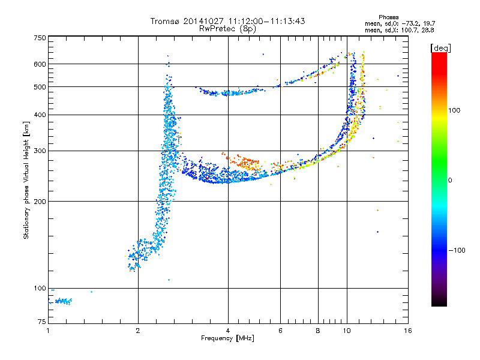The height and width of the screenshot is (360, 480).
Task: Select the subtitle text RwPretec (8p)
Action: (227, 29)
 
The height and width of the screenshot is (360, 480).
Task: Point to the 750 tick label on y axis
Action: (40, 38)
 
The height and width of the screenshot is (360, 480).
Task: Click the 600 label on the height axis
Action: (40, 64)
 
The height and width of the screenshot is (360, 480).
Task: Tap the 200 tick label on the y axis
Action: (40, 202)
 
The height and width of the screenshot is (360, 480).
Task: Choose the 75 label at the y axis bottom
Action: (42, 322)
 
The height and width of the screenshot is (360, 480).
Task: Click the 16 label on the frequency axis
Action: (408, 331)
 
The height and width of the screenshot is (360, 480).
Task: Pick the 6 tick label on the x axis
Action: (280, 331)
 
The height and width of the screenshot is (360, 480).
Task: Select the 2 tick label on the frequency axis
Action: (138, 331)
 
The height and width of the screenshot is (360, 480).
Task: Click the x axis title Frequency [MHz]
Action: (227, 338)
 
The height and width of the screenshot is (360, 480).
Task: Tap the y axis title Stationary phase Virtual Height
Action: (26, 181)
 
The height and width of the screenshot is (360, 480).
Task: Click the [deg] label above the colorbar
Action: (440, 48)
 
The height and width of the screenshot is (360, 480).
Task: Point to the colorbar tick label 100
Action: (454, 110)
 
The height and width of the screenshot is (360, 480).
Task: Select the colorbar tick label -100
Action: (457, 250)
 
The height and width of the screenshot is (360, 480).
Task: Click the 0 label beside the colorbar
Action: (450, 181)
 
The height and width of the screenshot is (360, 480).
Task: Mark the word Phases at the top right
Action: (388, 17)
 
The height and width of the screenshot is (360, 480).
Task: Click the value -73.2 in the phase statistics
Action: (410, 23)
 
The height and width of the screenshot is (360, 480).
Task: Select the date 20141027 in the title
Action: (203, 21)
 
